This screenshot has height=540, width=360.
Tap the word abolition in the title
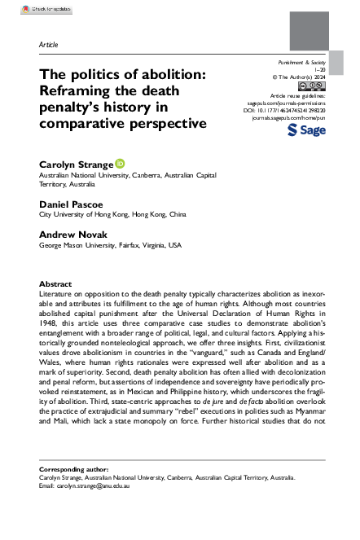(176, 74)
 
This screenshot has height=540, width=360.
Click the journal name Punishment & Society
(301, 62)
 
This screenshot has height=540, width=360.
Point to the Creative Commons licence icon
(312, 85)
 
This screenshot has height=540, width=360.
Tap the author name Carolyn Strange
(76, 165)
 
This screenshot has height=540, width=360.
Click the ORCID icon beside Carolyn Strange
(119, 165)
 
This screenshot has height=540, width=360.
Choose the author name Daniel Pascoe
(72, 204)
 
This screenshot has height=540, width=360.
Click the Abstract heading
(55, 284)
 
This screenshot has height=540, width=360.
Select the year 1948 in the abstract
(48, 323)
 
